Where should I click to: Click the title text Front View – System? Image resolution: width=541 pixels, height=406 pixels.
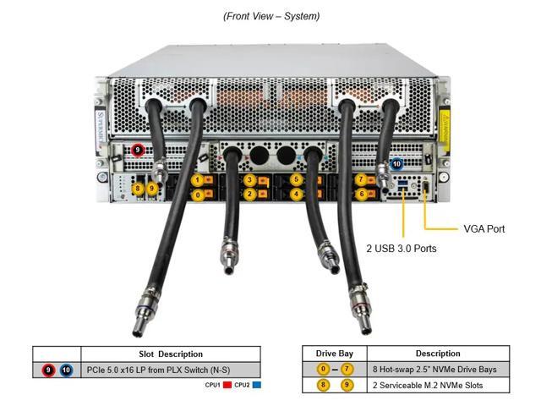(x=270, y=16)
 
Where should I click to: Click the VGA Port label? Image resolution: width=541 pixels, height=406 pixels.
(x=484, y=228)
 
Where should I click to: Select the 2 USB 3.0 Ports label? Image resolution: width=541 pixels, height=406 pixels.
(x=401, y=249)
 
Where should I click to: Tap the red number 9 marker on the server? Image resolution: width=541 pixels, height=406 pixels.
(x=138, y=151)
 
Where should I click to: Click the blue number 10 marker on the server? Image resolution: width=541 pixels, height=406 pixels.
(x=397, y=164)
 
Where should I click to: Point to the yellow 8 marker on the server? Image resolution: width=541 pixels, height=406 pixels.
(x=138, y=188)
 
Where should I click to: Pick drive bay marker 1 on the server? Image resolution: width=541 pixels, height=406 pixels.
(x=198, y=179)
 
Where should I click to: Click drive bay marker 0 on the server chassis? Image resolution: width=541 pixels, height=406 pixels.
(x=198, y=195)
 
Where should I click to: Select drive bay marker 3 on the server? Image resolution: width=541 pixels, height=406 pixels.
(x=249, y=179)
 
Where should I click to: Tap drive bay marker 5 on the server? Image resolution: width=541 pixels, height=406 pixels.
(x=296, y=179)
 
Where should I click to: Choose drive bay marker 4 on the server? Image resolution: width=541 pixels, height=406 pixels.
(x=296, y=194)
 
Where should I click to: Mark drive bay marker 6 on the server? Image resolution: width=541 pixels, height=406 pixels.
(x=361, y=194)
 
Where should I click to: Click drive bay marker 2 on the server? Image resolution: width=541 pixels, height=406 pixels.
(x=249, y=194)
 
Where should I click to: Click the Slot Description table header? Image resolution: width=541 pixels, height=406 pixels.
(x=170, y=354)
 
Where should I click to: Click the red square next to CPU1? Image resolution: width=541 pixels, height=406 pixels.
(x=227, y=385)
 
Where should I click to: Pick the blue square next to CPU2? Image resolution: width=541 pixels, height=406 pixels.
(x=256, y=385)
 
